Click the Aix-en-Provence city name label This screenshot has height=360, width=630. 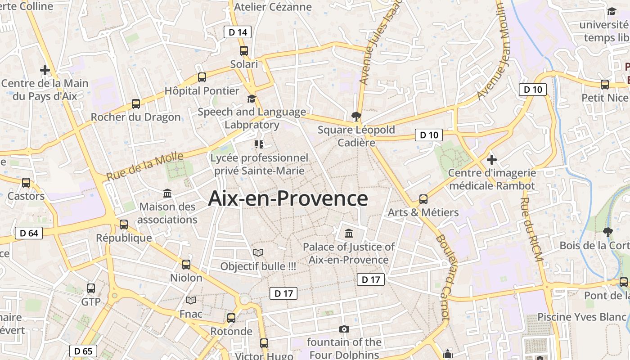point(288,198)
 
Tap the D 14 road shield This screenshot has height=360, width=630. point(238,32)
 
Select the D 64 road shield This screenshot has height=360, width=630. point(29,233)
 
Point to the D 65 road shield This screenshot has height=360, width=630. point(83,351)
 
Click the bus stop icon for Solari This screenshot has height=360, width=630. point(244,51)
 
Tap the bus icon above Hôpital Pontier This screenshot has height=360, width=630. point(202,77)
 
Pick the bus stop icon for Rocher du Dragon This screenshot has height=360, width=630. point(136,104)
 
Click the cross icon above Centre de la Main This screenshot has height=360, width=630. point(45,70)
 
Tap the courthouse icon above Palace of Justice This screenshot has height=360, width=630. point(349,234)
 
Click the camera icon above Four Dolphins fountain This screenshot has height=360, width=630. point(344,329)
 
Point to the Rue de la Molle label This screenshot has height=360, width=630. point(145,166)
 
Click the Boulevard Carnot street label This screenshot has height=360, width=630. point(443,277)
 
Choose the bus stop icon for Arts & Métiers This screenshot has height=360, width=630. point(423,199)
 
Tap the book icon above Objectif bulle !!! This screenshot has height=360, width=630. point(258,253)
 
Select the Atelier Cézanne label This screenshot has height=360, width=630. point(273,7)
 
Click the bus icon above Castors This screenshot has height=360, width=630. point(26,183)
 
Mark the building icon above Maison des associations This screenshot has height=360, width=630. point(167,193)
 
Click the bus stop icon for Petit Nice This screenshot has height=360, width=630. point(605,85)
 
